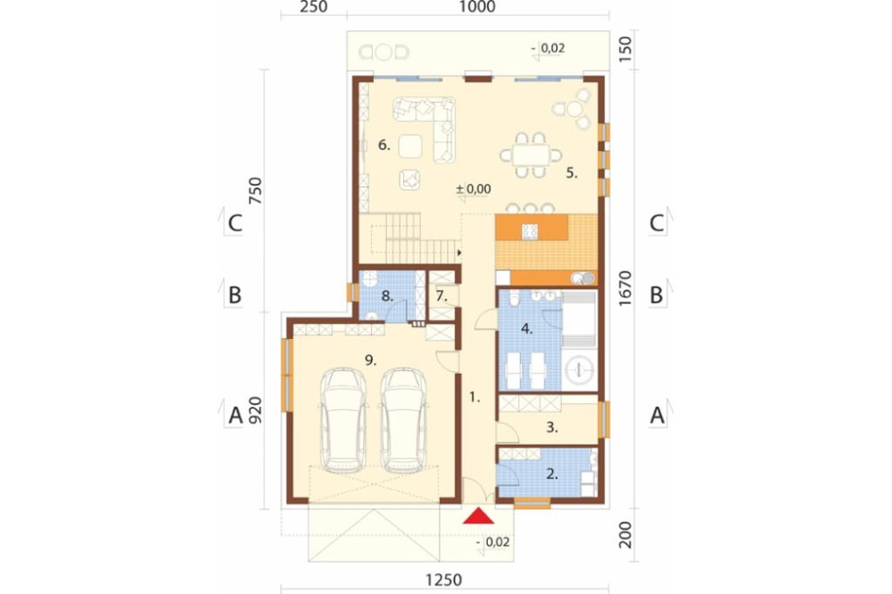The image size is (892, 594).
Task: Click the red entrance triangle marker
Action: tap(478, 516)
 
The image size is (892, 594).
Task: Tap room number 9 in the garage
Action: tap(370, 359)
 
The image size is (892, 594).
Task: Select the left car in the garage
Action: tap(343, 420)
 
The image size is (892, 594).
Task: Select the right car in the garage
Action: tap(404, 420)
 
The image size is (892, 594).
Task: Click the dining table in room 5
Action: tap(531, 155)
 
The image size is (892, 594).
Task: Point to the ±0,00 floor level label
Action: tap(474, 188)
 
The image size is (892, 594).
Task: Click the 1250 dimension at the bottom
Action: tap(443, 580)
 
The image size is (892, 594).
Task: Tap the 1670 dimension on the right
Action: tap(624, 288)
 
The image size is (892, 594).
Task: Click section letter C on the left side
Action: tap(235, 224)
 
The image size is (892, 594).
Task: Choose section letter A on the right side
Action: tap(657, 416)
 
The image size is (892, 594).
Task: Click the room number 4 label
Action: tap(527, 328)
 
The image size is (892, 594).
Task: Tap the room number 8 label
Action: tap(387, 296)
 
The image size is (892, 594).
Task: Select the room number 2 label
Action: tap(552, 474)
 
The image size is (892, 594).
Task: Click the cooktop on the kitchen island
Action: tap(530, 230)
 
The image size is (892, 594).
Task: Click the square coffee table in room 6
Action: tap(409, 146)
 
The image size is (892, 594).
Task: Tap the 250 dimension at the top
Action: tap(313, 7)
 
